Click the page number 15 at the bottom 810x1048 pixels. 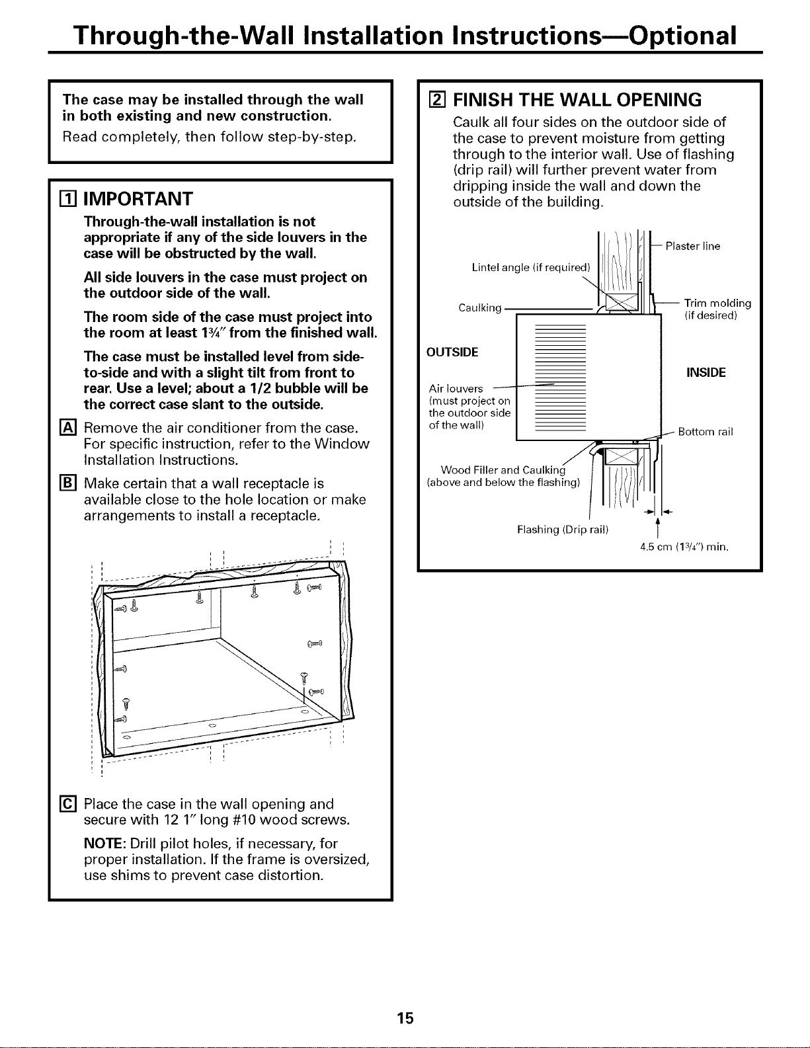[405, 1018]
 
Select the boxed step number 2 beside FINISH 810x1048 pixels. [436, 100]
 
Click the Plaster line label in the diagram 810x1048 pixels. [693, 246]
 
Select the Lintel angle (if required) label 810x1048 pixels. [531, 267]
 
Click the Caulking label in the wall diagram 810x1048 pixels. [480, 307]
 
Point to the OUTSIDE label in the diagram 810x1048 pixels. [452, 352]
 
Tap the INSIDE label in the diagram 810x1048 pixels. [706, 372]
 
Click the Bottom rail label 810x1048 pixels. [706, 432]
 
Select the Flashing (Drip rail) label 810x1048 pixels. [563, 530]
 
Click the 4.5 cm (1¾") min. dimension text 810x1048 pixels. [684, 547]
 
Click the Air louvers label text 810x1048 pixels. [456, 389]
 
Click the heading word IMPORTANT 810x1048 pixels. [138, 199]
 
